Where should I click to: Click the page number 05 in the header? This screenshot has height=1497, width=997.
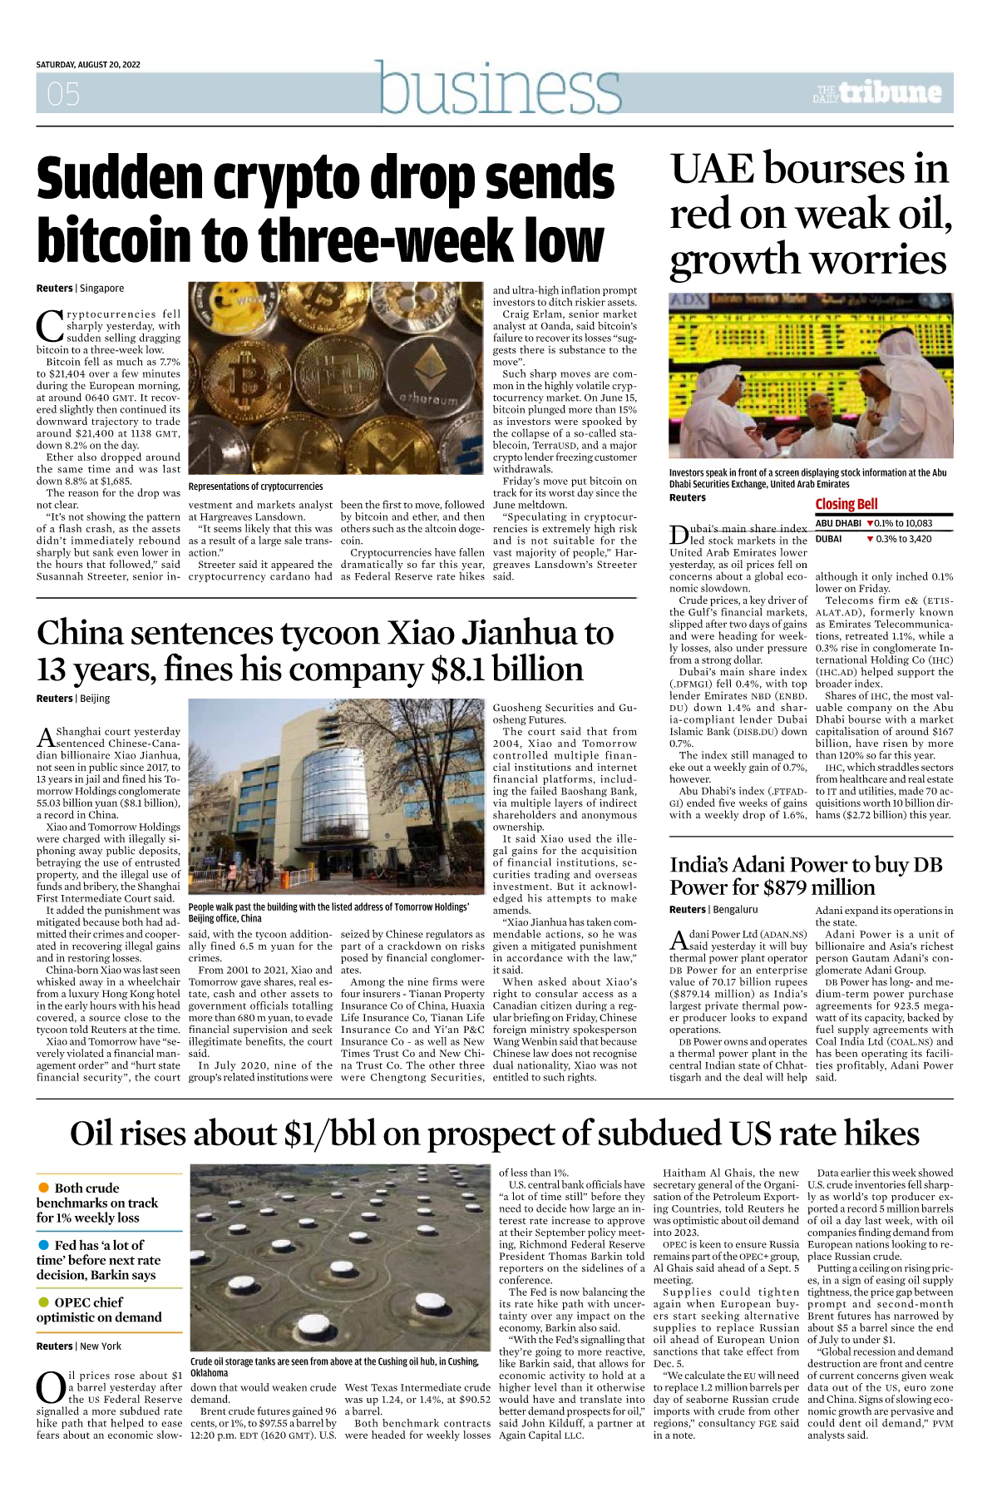63,94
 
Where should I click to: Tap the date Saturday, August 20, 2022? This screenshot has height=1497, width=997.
88,65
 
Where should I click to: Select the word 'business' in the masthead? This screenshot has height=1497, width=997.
499,87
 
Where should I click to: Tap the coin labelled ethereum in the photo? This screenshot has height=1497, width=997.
430,374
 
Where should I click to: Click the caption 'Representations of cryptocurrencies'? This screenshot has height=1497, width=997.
255,487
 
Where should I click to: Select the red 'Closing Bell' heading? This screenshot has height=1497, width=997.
846,504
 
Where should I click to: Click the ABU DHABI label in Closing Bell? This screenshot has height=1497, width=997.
837,524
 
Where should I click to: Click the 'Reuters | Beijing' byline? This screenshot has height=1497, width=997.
73,699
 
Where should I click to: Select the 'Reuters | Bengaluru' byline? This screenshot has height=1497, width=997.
713,910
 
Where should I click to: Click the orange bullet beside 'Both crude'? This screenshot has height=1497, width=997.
43,1188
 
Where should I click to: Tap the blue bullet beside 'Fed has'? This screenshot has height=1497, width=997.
43,1245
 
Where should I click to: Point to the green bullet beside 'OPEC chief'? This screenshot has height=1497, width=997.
43,1302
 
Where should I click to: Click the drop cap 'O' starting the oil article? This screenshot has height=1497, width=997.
51,1388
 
